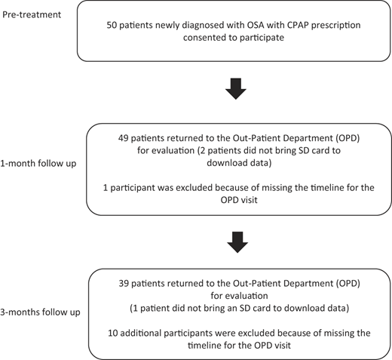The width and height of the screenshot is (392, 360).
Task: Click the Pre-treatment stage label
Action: pyautogui.click(x=32, y=14)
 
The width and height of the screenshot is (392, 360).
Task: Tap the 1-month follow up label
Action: pyautogui.click(x=38, y=164)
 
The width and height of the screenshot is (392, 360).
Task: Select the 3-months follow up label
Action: pyautogui.click(x=40, y=312)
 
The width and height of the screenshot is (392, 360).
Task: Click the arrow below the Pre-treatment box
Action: pyautogui.click(x=236, y=89)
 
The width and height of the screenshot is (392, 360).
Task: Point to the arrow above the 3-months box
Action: pyautogui.click(x=237, y=242)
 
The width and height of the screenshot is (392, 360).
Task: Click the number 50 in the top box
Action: pyautogui.click(x=112, y=26)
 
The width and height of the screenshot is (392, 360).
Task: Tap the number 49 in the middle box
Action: pyautogui.click(x=124, y=138)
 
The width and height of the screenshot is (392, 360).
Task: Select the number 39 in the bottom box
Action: pyautogui.click(x=124, y=284)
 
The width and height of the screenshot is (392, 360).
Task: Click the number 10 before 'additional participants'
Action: pyautogui.click(x=113, y=333)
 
